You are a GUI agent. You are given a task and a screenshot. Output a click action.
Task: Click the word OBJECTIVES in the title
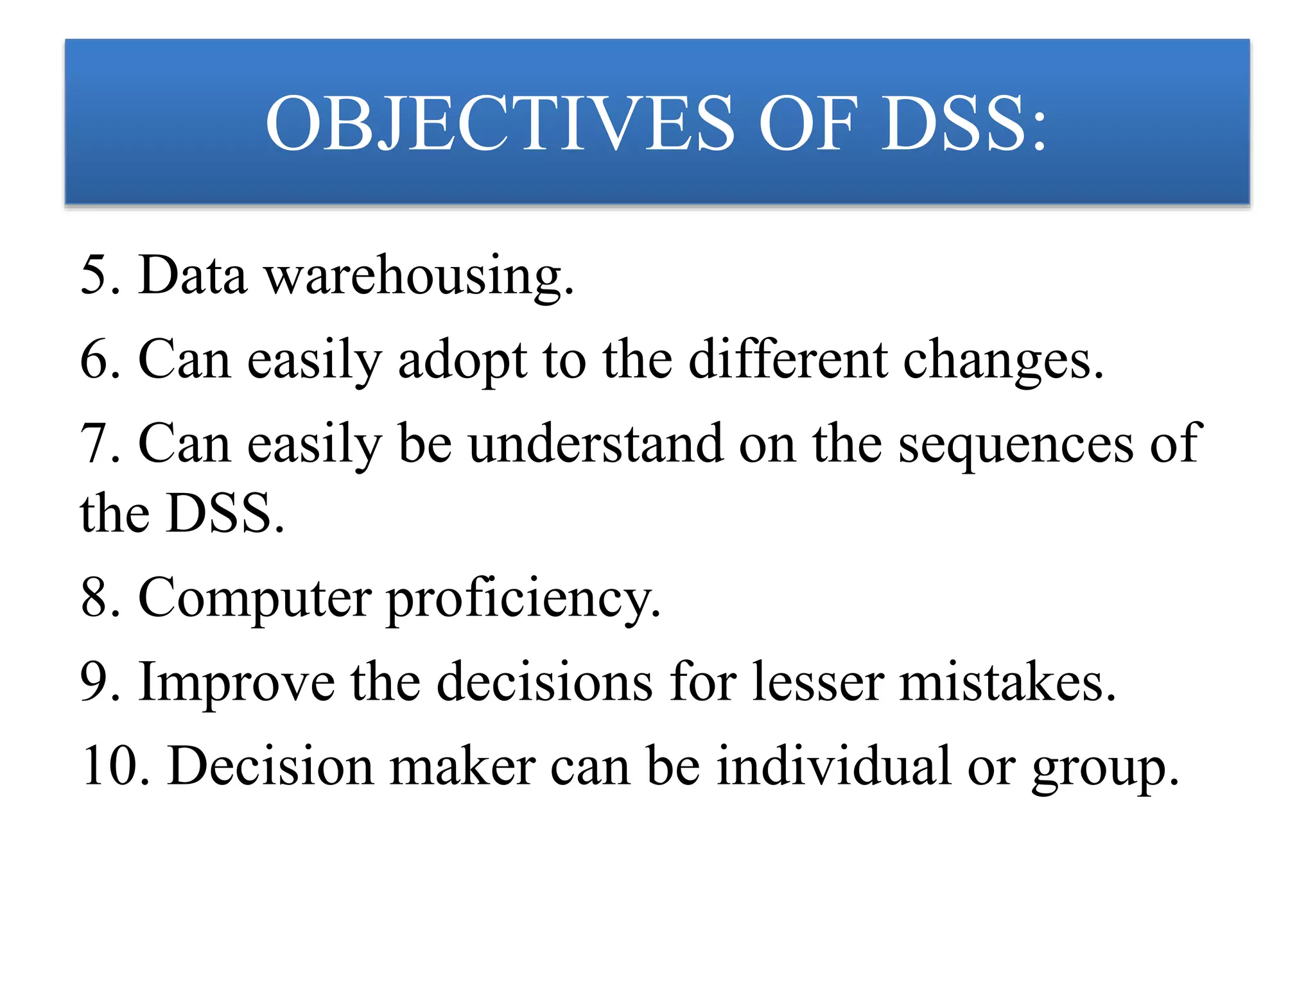500,123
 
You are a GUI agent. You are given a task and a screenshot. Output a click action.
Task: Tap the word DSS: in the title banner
964,123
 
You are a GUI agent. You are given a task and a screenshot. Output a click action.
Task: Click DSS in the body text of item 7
224,514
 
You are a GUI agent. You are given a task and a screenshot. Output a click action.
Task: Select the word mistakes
1007,682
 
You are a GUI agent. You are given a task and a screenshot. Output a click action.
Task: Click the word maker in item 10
462,766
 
